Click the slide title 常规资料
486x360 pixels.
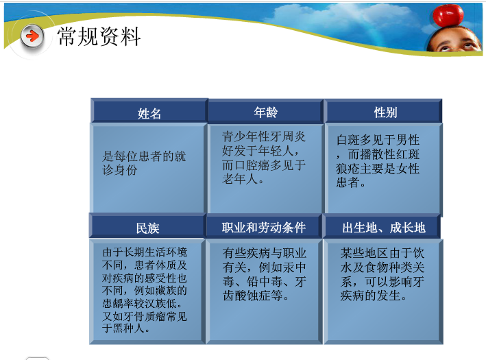(99, 36)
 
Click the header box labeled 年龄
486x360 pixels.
(265, 112)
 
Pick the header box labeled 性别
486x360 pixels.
(385, 112)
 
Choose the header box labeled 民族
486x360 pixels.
(147, 228)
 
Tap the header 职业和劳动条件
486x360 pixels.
(264, 227)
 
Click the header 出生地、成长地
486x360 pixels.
(384, 227)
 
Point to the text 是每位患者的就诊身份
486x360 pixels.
(144, 163)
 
